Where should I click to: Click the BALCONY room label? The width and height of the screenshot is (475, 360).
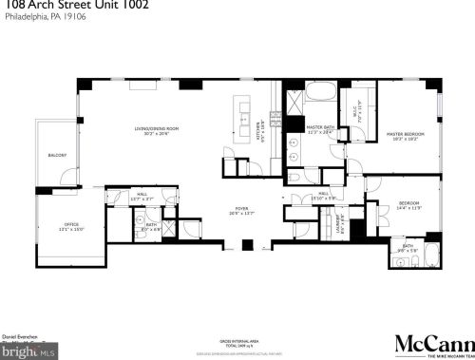(58, 155)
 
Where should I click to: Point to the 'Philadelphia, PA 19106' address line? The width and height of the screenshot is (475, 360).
(41, 18)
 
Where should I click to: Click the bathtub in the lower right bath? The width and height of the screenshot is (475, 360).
(428, 256)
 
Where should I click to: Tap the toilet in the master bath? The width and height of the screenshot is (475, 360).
(294, 178)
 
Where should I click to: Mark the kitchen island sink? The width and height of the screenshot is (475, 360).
(244, 124)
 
